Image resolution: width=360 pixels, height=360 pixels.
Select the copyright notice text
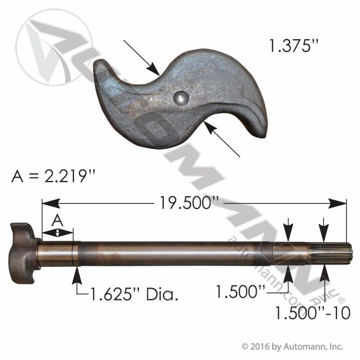coord(292,347)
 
